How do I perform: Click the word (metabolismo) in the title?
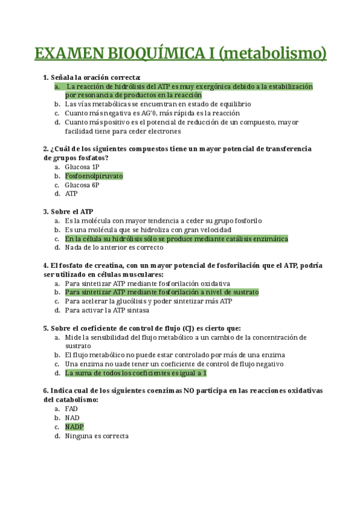click(273, 53)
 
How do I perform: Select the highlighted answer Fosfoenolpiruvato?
click(94, 176)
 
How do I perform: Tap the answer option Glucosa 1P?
click(82, 167)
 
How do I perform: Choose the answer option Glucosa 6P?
click(82, 185)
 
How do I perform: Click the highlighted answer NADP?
click(74, 427)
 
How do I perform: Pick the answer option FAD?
click(71, 409)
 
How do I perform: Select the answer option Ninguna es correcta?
click(97, 436)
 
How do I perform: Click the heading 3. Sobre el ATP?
click(68, 211)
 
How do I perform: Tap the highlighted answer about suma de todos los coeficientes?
click(136, 373)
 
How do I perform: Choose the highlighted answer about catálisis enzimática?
click(176, 238)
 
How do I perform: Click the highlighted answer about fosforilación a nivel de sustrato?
click(162, 292)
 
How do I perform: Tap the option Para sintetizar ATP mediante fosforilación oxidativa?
click(148, 283)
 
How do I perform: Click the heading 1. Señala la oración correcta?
click(92, 77)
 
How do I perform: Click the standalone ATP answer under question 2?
click(71, 194)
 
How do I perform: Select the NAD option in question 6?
click(72, 418)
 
